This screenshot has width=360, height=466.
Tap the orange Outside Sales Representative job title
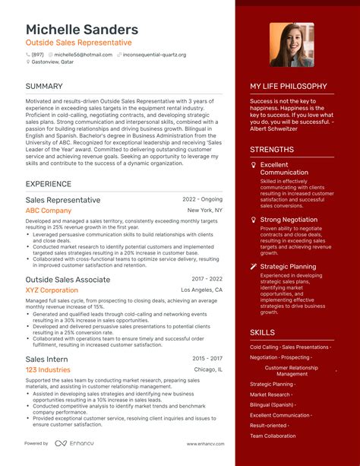(78, 43)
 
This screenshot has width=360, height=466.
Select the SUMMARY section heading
(44, 87)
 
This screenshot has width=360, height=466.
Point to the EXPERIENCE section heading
(49, 184)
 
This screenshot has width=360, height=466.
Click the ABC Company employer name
(49, 211)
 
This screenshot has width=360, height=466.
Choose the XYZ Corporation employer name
(52, 290)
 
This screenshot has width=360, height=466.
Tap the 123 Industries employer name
(48, 370)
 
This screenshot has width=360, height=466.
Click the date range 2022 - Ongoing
(202, 200)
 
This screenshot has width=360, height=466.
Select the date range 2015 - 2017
(207, 359)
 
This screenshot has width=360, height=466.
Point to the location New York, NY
(204, 211)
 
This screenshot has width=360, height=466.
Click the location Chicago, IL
(208, 370)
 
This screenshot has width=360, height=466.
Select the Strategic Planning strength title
(288, 267)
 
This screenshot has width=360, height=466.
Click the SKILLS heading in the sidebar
(262, 333)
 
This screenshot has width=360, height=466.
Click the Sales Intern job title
(46, 359)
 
